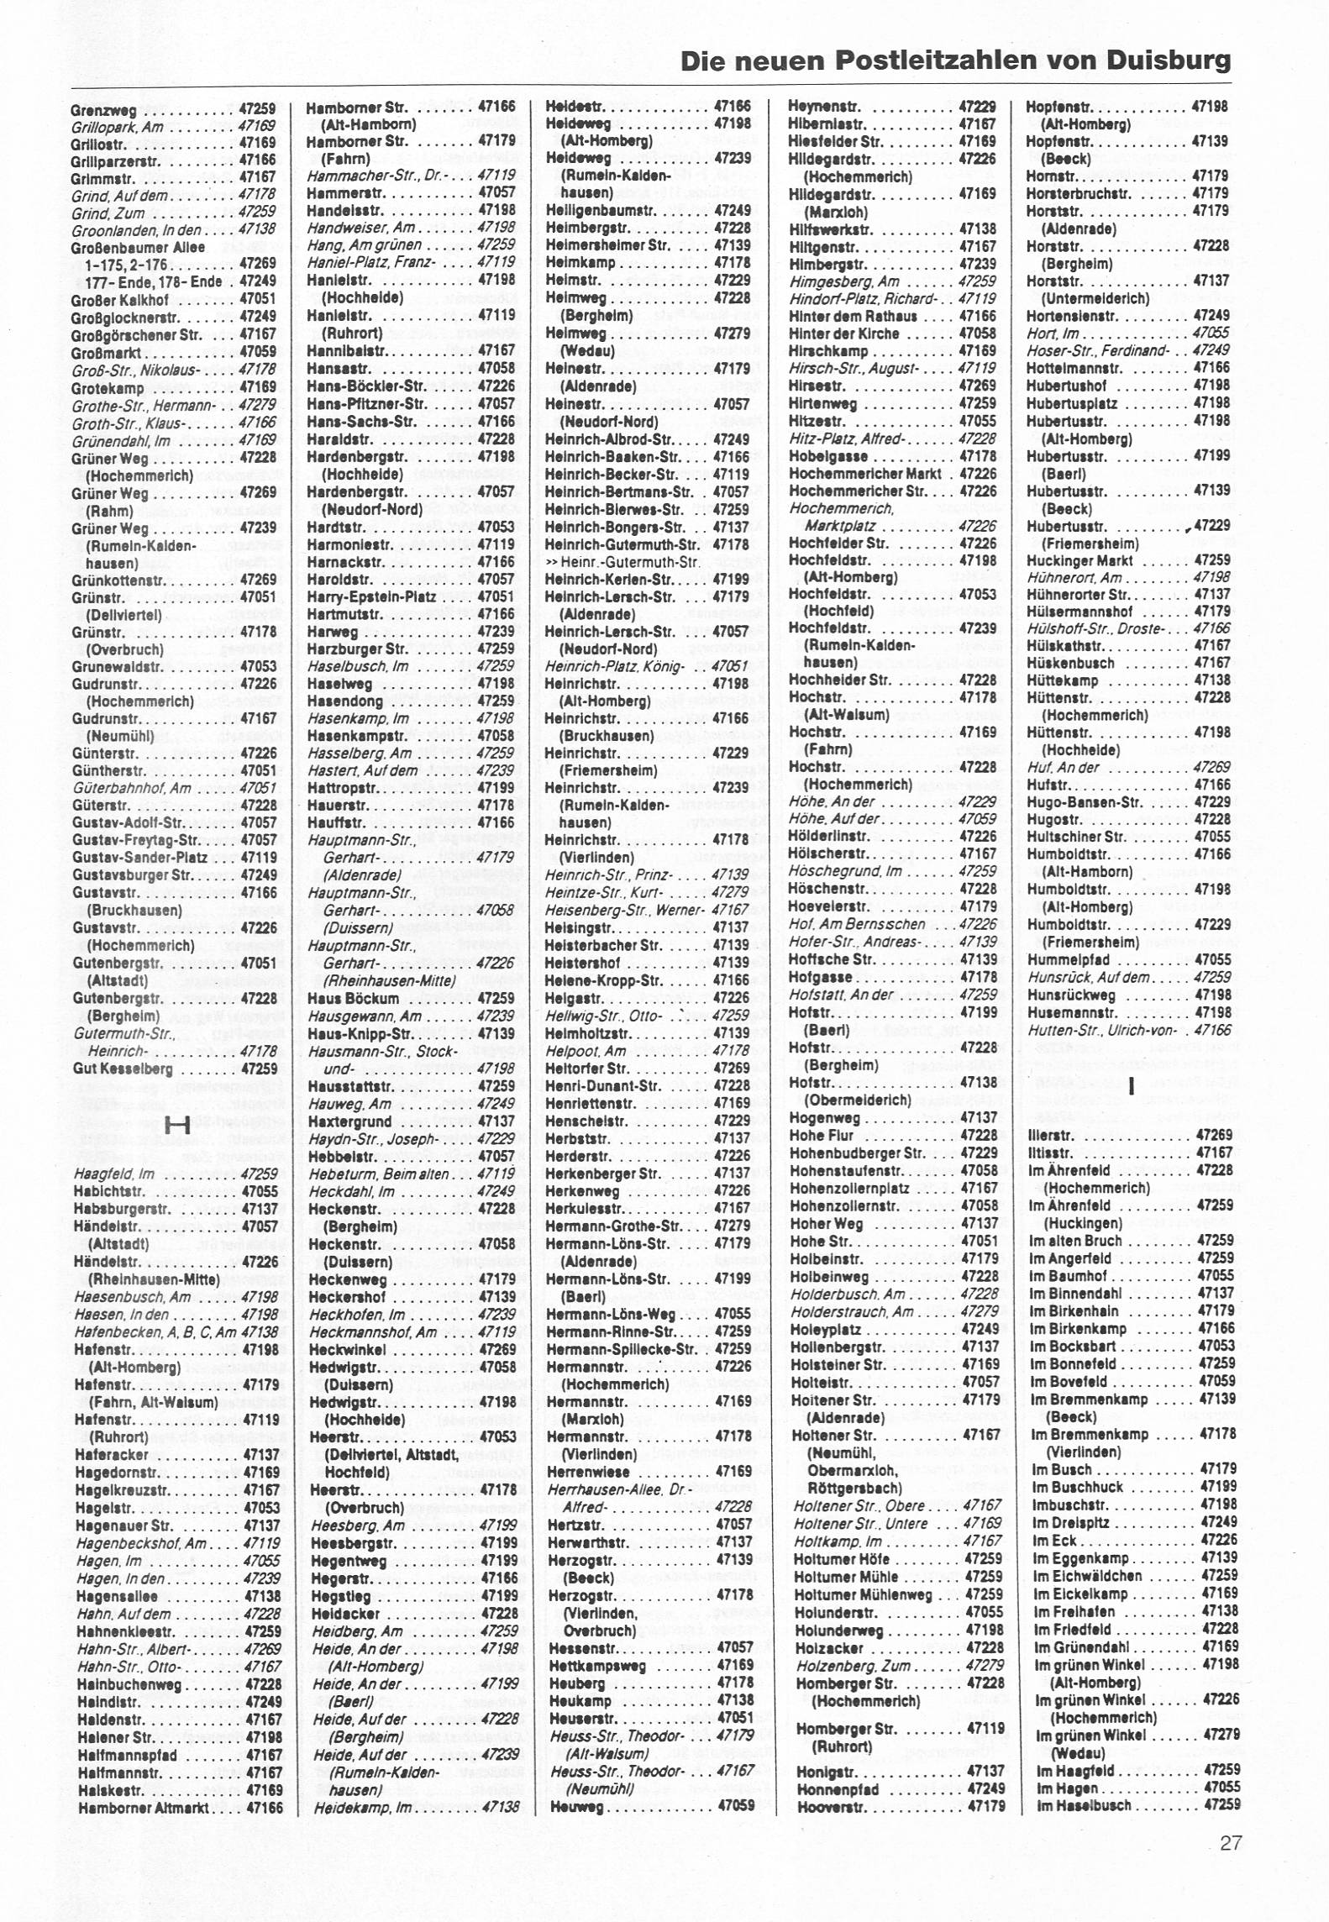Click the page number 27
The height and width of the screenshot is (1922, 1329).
(x=1231, y=1867)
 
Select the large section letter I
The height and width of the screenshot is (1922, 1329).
(x=1132, y=1087)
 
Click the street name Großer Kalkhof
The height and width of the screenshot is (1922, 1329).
(x=119, y=300)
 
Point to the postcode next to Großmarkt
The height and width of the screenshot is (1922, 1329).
(x=257, y=352)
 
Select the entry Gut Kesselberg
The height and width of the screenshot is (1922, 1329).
(x=123, y=1069)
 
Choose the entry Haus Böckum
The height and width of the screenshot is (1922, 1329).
(x=353, y=999)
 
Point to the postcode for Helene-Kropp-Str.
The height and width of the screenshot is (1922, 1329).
(x=731, y=980)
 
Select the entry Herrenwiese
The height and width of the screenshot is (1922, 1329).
(x=587, y=1472)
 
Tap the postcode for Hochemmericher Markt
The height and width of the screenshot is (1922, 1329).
(x=978, y=473)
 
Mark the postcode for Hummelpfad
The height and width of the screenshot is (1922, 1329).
(x=1212, y=959)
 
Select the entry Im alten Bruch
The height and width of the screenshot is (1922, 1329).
(x=1075, y=1241)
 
